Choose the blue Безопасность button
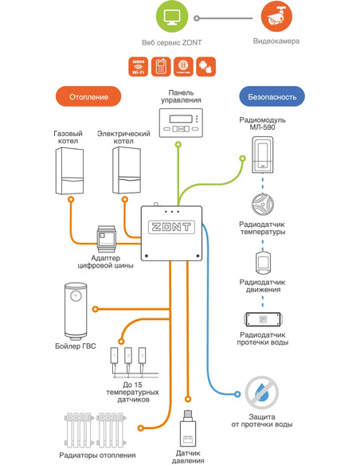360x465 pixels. tap(272, 96)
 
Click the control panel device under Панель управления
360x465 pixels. tap(181, 124)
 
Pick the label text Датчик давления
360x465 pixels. tap(190, 455)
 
